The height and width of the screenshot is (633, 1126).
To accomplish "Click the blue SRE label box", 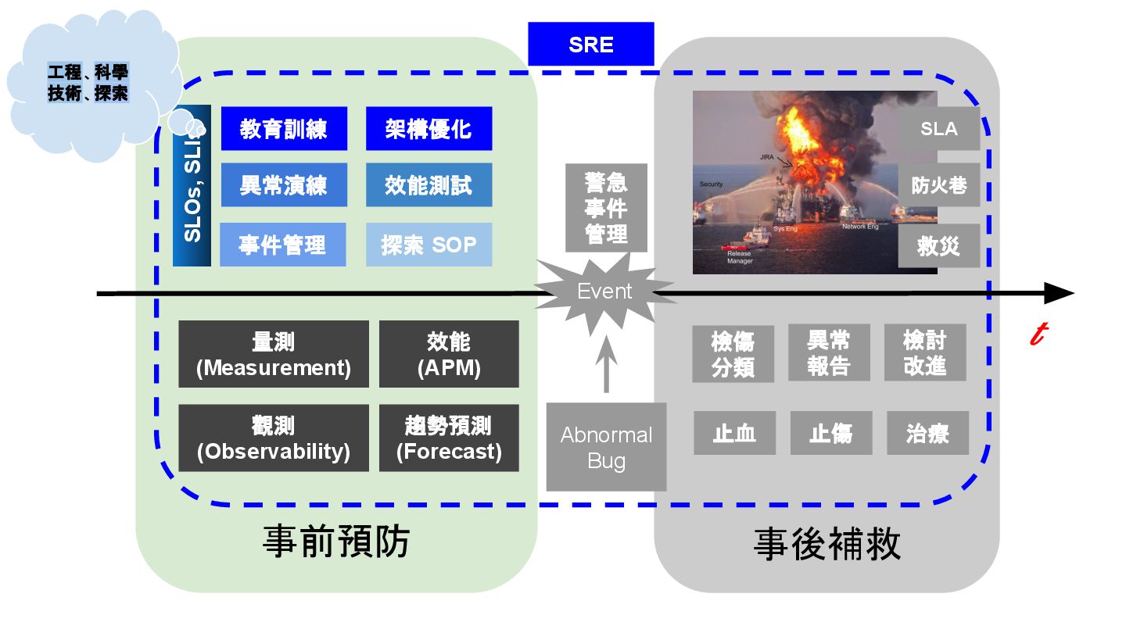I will [590, 45].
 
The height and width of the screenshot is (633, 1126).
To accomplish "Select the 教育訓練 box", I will [283, 128].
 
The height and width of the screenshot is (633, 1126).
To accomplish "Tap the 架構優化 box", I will [429, 128].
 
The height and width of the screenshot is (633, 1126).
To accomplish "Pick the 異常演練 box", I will [283, 185].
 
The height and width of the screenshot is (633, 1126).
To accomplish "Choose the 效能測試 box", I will [429, 185].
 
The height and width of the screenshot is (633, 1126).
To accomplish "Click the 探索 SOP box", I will [429, 245].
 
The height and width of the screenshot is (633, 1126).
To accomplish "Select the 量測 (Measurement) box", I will [274, 354].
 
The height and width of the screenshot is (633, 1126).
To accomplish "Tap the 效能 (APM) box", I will [449, 354].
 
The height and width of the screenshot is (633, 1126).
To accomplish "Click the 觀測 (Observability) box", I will [274, 438].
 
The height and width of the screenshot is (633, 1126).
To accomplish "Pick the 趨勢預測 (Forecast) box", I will [449, 438].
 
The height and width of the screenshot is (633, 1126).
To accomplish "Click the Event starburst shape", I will [604, 291].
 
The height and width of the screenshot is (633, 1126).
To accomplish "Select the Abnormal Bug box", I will [606, 447].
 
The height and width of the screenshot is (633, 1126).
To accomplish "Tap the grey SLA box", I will [938, 128].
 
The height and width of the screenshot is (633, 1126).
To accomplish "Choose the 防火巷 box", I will [938, 185].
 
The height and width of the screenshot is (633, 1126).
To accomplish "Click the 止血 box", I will [734, 433].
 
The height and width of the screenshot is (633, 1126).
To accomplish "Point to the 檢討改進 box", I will [924, 353].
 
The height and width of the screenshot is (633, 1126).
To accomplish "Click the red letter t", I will [1038, 334].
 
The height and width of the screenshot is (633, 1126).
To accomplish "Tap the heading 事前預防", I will [336, 542].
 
